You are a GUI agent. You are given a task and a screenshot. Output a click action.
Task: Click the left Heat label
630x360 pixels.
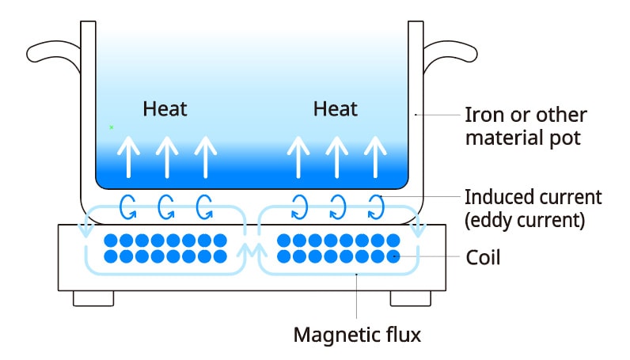coord(165,108)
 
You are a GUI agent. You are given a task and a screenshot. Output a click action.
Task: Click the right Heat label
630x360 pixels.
coord(336,108)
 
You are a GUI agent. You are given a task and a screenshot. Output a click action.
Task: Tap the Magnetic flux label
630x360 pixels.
coord(357,335)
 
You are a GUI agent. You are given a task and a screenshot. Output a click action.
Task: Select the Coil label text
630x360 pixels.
coord(482,258)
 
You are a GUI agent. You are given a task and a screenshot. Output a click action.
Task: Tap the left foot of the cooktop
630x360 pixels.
coord(93,297)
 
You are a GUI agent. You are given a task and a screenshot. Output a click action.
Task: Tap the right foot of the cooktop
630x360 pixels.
coord(411,297)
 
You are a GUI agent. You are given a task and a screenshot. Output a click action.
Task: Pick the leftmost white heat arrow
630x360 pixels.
coord(128,156)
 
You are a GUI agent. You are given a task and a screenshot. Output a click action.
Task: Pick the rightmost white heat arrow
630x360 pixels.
coord(377,156)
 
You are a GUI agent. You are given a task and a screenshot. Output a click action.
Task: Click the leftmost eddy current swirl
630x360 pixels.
coord(128,207)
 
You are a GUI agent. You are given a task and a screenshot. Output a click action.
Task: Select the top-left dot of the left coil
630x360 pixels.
coord(111,241)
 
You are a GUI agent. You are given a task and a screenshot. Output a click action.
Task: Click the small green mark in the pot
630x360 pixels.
coord(112,127)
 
